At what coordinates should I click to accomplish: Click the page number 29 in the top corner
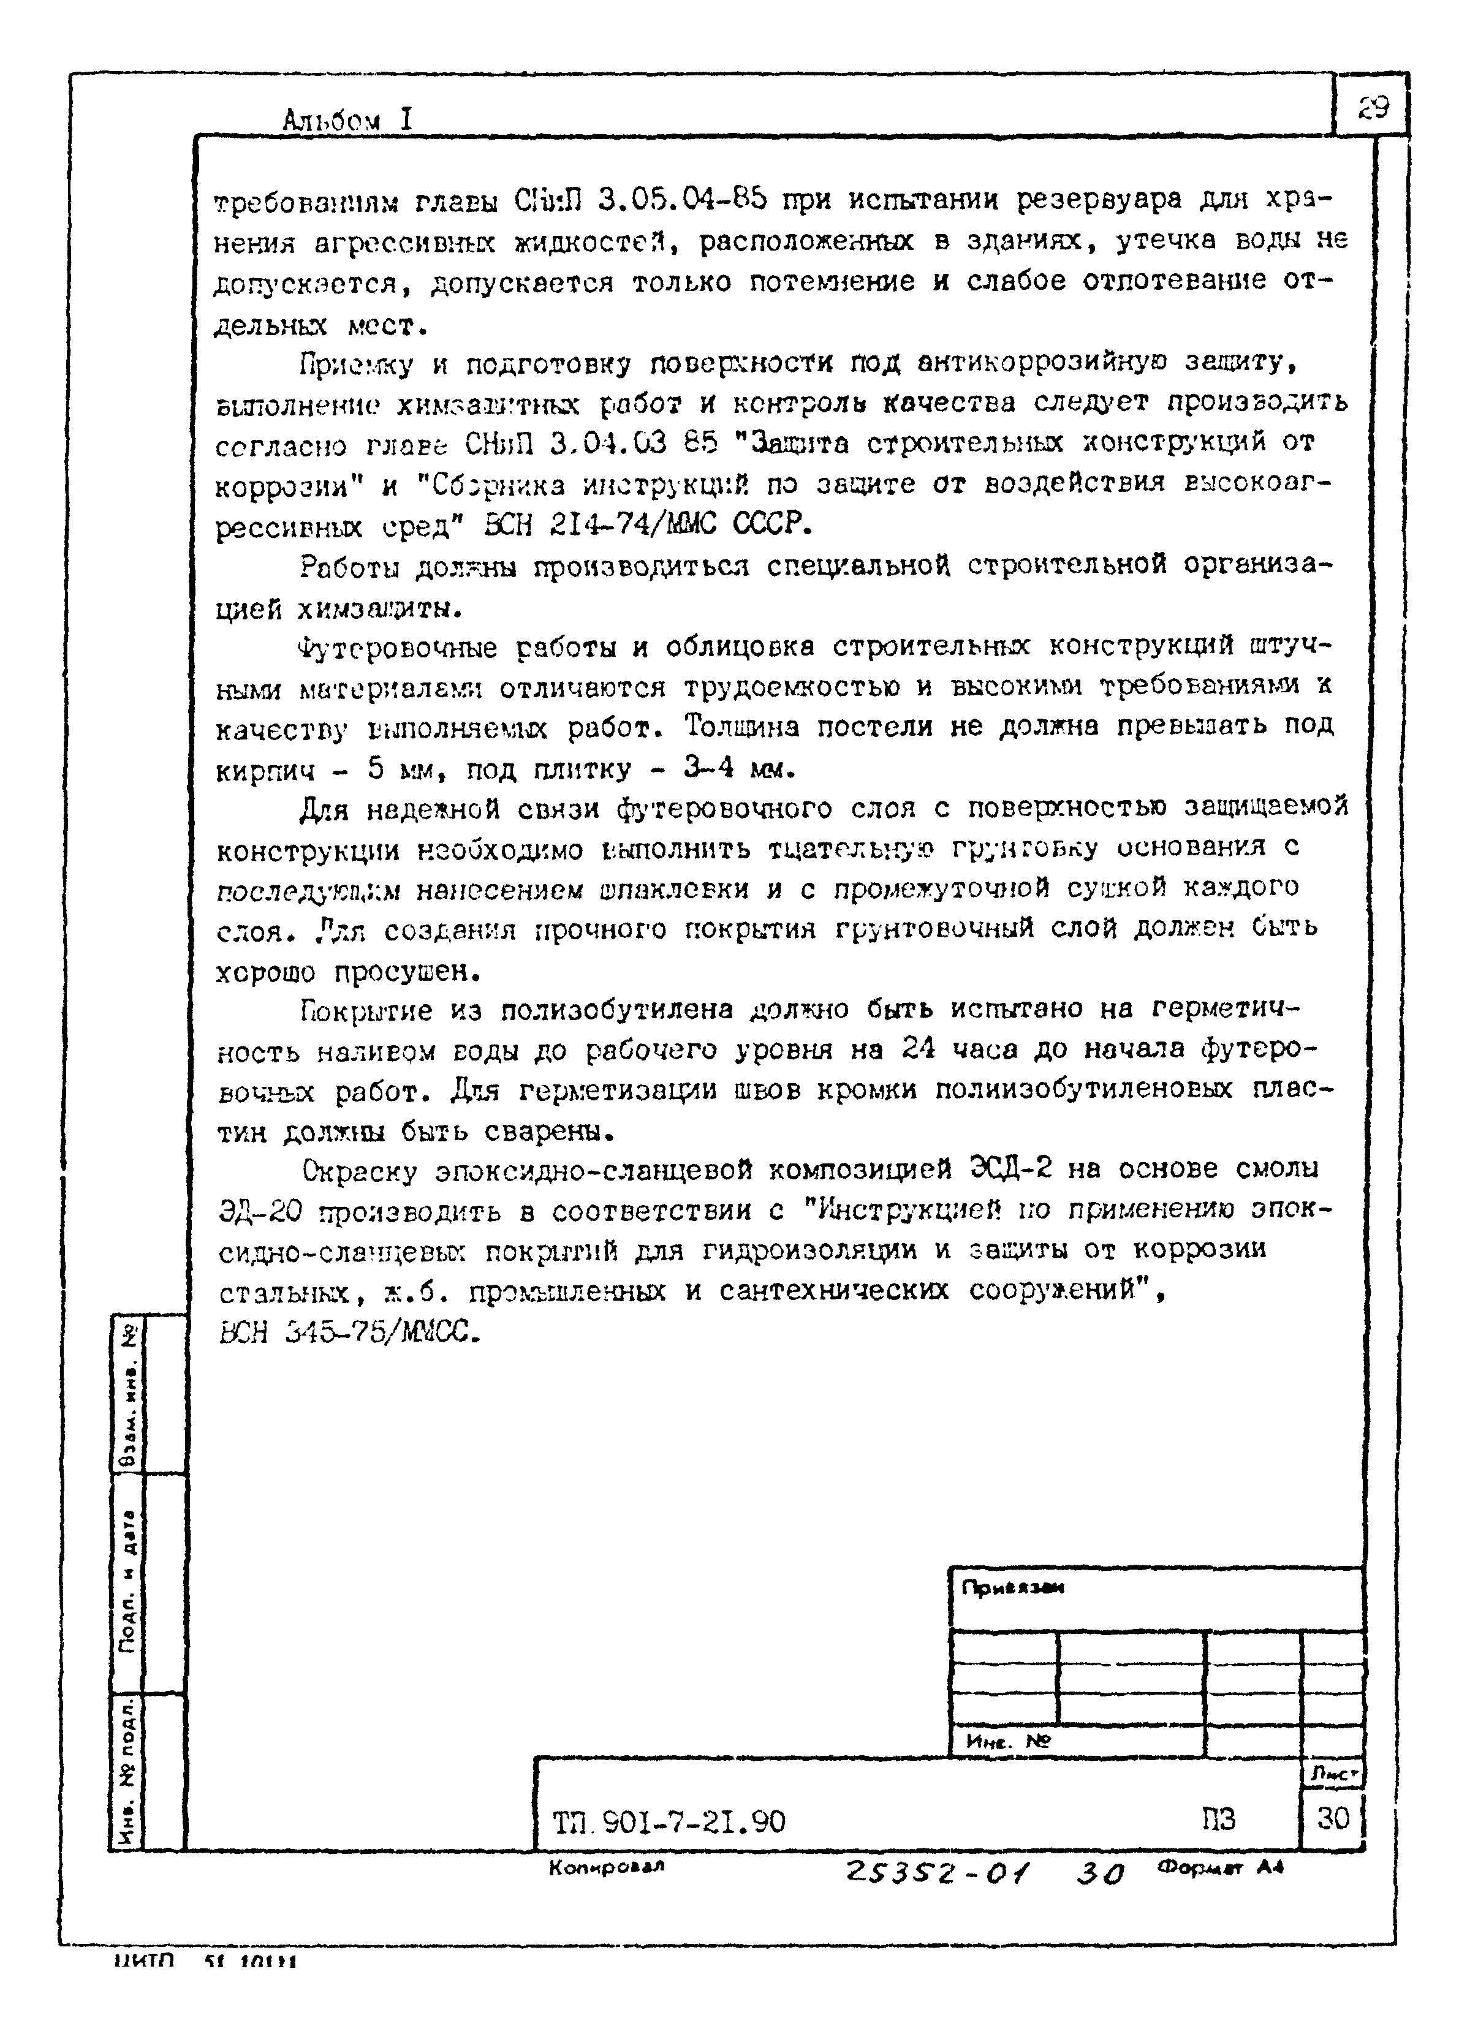coord(1371,108)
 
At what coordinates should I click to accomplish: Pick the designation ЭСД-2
coord(1012,1170)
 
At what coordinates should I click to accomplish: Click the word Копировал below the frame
coord(606,1867)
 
